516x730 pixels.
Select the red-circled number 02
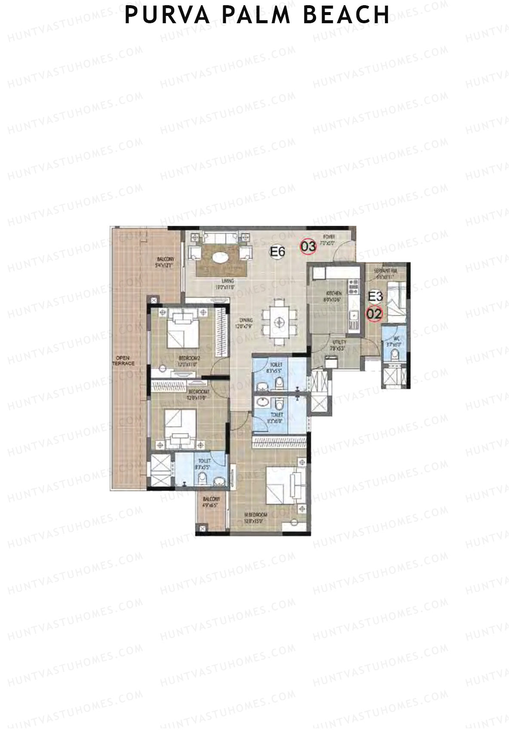(x=374, y=314)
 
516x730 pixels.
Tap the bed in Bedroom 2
(x=183, y=330)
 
